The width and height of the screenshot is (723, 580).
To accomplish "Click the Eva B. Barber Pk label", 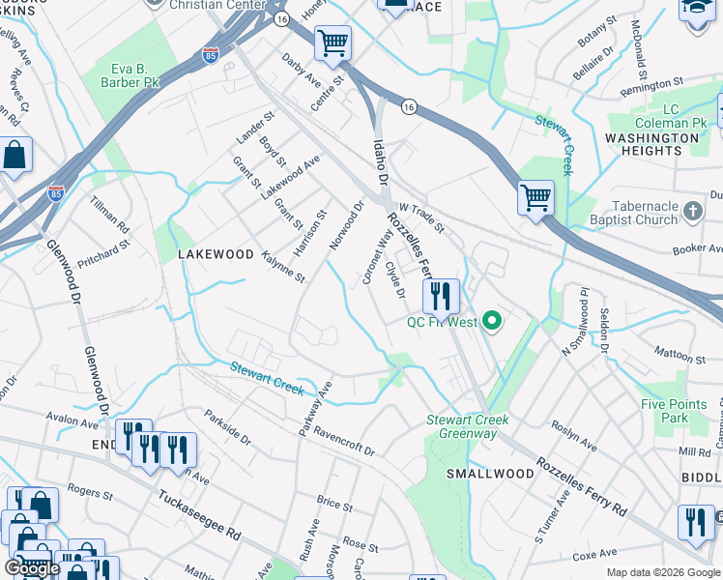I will click(x=132, y=75).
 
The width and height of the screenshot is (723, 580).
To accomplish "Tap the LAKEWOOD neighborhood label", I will click(x=215, y=254).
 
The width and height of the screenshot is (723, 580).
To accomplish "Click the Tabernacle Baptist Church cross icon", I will click(x=692, y=211).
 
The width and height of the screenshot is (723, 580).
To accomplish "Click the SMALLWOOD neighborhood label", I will click(x=490, y=474).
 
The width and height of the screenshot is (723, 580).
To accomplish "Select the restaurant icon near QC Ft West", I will click(x=441, y=298).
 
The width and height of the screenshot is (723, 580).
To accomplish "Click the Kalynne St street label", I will click(x=283, y=266).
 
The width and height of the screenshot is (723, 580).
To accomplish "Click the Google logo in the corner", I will click(x=32, y=567).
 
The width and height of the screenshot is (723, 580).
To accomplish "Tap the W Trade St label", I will click(x=421, y=218).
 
